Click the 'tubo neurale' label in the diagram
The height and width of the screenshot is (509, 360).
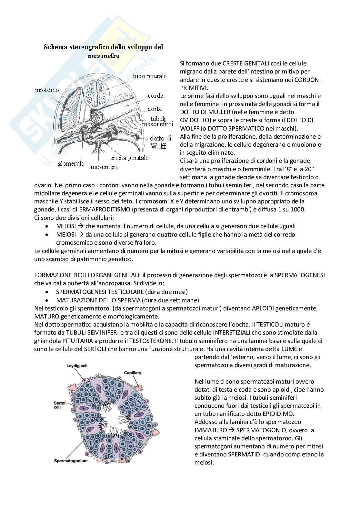pyautogui.click(x=150, y=76)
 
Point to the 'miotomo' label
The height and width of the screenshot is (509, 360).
pyautogui.click(x=45, y=90)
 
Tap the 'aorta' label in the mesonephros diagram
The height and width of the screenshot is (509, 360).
pyautogui.click(x=155, y=109)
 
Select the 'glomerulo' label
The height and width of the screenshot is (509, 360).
pyautogui.click(x=71, y=164)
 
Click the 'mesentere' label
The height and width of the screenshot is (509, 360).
pyautogui.click(x=104, y=167)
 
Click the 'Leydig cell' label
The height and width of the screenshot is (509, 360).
pyautogui.click(x=77, y=366)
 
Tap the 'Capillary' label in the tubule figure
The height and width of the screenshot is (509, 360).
pyautogui.click(x=133, y=373)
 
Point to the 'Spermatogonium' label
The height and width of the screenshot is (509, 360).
pyautogui.click(x=71, y=461)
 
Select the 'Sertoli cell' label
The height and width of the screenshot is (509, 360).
pyautogui.click(x=59, y=405)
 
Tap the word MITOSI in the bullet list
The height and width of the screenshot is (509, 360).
pyautogui.click(x=65, y=226)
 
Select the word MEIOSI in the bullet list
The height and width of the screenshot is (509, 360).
pyautogui.click(x=65, y=234)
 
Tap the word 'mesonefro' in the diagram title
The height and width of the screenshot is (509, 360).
pyautogui.click(x=103, y=56)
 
